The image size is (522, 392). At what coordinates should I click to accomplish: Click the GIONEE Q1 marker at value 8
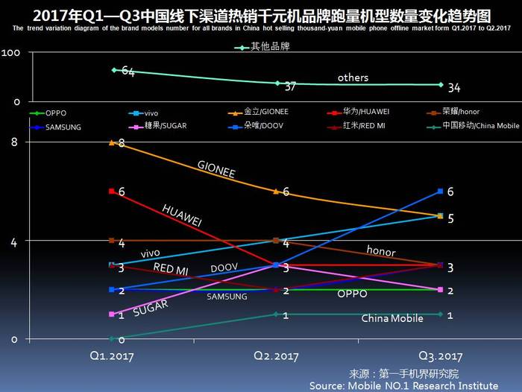[113, 142]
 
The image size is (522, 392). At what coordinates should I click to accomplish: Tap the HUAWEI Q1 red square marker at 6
[113, 192]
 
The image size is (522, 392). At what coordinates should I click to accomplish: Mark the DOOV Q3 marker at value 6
[441, 192]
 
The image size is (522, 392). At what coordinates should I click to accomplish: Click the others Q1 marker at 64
[114, 70]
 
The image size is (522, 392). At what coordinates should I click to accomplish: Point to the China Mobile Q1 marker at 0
[113, 338]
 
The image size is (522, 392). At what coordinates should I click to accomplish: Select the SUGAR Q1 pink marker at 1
[113, 314]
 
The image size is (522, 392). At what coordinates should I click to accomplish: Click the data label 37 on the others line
[291, 86]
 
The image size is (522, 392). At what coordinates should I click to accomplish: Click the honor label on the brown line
[380, 252]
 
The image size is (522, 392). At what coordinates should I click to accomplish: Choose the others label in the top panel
[353, 78]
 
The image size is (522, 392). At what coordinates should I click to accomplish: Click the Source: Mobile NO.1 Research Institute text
[403, 385]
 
